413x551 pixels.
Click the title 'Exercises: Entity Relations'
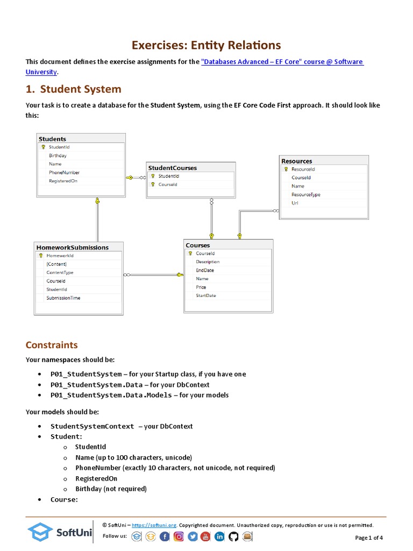[206, 45]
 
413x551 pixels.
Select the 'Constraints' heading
[52, 345]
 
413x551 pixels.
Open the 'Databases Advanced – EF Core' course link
[282, 62]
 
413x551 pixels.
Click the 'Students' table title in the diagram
[52, 139]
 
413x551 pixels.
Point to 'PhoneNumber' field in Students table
[64, 173]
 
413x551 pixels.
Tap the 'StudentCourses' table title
[172, 168]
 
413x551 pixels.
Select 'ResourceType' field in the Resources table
[305, 195]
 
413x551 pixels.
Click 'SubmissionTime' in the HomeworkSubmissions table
[63, 298]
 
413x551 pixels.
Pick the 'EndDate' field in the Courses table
[204, 270]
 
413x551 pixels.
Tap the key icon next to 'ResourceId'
[286, 169]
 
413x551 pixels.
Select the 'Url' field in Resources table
[295, 203]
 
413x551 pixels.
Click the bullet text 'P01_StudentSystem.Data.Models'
[110, 395]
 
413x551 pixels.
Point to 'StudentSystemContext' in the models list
[92, 426]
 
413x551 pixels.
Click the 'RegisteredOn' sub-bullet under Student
[96, 478]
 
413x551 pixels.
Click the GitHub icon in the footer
[233, 536]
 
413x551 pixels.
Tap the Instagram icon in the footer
[179, 536]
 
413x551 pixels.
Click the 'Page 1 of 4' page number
[369, 538]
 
